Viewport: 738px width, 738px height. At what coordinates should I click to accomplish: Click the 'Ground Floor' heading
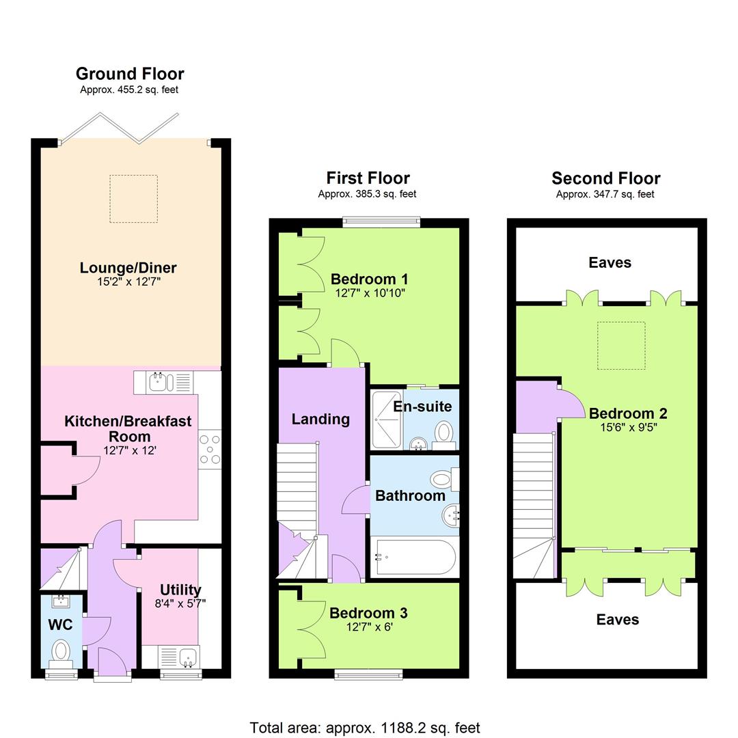(130, 74)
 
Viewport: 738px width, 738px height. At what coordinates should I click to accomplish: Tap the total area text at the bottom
(365, 728)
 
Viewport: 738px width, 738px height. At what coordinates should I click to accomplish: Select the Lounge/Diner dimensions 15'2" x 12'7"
(129, 282)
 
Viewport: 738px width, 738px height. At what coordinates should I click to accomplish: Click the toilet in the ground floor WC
(62, 650)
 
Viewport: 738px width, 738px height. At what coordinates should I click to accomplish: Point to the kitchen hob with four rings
(210, 449)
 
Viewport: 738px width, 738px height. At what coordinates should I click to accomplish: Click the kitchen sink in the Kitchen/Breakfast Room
(164, 381)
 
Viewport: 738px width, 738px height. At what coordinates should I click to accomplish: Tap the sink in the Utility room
(178, 657)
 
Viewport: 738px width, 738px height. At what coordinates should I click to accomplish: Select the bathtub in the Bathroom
(414, 558)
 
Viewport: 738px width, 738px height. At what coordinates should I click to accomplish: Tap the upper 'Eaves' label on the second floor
(610, 262)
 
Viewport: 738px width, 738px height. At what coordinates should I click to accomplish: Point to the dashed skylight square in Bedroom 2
(621, 346)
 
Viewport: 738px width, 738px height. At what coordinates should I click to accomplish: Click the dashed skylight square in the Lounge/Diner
(133, 199)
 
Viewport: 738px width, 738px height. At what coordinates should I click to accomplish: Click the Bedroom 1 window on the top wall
(381, 221)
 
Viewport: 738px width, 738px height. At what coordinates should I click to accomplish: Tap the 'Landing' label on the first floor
(320, 419)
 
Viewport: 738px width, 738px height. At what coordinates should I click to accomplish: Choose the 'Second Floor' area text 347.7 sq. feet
(605, 194)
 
